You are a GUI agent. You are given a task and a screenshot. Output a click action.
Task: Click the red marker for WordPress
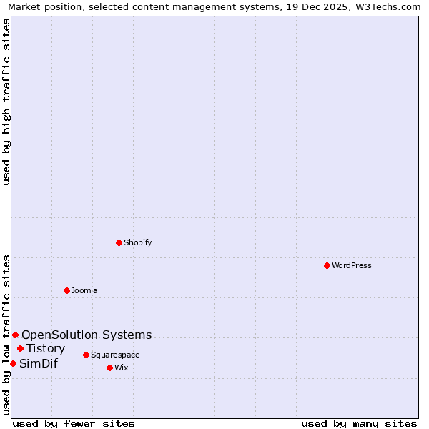(x=327, y=265)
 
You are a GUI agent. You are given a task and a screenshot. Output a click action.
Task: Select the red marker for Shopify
(x=119, y=242)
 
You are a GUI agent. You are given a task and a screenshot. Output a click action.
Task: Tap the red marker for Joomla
(x=66, y=290)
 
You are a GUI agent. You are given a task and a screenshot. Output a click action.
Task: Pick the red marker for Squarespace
(x=86, y=355)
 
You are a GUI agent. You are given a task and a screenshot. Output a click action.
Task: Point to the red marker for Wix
(x=109, y=368)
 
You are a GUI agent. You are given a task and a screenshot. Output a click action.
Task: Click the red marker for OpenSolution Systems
(x=15, y=335)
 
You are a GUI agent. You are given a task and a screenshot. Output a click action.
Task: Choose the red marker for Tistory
(x=20, y=349)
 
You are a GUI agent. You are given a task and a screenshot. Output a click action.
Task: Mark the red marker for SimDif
(x=13, y=363)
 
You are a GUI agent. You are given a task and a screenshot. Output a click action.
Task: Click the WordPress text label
(x=352, y=265)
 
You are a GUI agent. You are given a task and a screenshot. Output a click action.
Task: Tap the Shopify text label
(x=138, y=242)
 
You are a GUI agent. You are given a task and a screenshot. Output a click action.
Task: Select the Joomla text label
(x=84, y=290)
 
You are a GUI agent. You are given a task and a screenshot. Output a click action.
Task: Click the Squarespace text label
(x=115, y=355)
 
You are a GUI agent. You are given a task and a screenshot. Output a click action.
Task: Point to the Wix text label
(x=121, y=368)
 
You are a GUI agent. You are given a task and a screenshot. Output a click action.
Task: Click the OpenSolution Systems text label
(x=87, y=335)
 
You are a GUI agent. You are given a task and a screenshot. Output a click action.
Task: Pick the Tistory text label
(x=46, y=349)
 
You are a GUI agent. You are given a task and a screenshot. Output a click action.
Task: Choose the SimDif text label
(x=39, y=363)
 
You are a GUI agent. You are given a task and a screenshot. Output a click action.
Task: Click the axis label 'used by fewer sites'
(x=74, y=423)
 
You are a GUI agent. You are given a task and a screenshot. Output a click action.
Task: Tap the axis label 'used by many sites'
(x=359, y=423)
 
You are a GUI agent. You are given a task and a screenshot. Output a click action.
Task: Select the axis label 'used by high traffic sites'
(x=6, y=102)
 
